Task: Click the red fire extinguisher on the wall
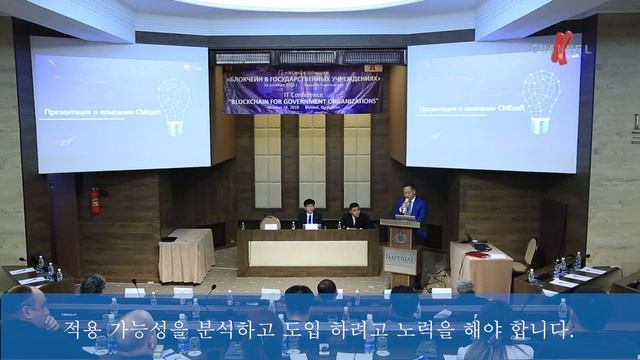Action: (95, 200)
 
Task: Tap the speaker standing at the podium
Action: (410, 207)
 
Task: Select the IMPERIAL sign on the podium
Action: (400, 255)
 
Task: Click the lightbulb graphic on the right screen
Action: (540, 100)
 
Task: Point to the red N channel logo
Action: (563, 46)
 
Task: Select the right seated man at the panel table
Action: (355, 216)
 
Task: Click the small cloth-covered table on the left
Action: (186, 255)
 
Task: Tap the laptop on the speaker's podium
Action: (405, 216)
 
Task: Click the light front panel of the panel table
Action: (307, 253)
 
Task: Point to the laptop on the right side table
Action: (479, 245)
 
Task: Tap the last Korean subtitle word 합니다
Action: (538, 328)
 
